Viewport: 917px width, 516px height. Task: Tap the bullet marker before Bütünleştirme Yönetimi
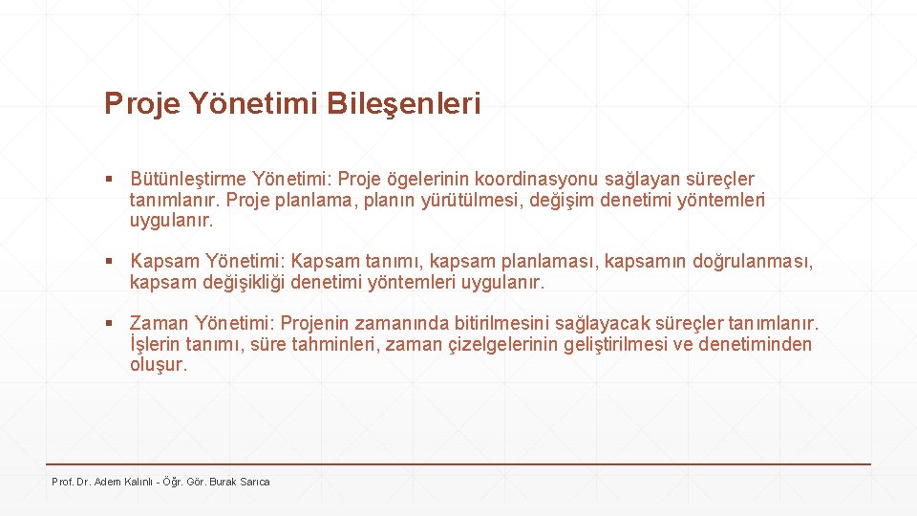tap(111, 179)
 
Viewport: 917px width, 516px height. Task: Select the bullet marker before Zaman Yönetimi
tap(111, 324)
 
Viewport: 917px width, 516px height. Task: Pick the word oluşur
tap(160, 366)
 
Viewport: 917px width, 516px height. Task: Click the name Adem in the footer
tap(108, 482)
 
